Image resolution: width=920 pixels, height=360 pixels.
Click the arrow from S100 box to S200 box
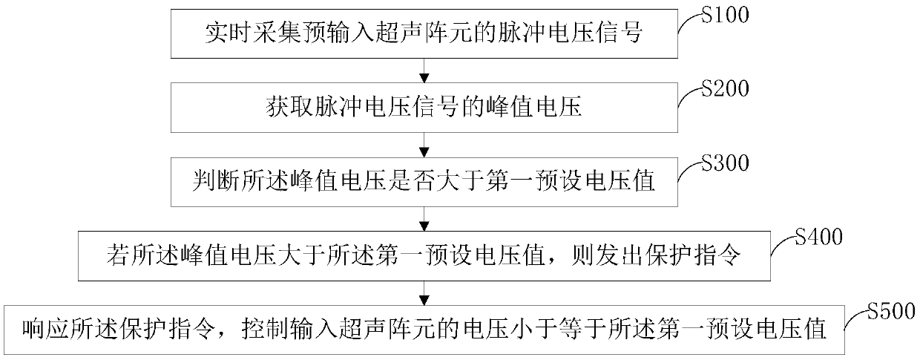click(424, 71)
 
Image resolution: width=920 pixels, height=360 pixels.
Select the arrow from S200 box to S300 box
click(424, 144)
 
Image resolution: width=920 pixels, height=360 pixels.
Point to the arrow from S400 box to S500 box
click(424, 292)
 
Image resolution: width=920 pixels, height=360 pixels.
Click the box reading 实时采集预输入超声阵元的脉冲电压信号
click(424, 34)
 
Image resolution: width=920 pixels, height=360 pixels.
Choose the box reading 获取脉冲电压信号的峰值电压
click(424, 108)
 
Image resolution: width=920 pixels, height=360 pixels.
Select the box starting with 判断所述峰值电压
click(424, 181)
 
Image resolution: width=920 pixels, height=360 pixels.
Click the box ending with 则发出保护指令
click(424, 255)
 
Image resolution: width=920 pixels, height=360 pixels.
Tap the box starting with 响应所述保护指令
click(424, 329)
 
